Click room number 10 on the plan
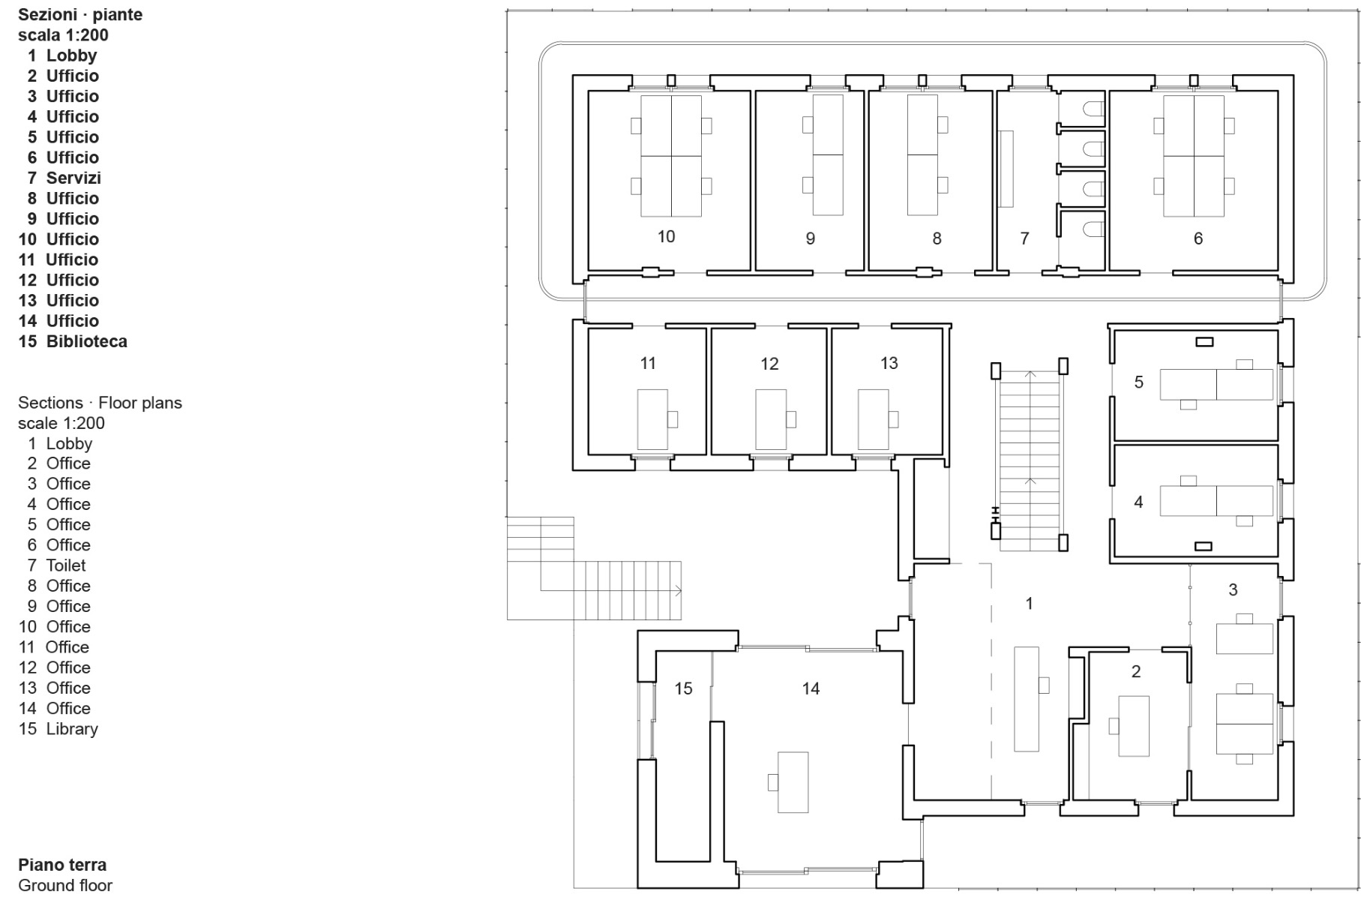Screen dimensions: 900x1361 coord(666,237)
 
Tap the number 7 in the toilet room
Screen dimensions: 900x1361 coord(1024,238)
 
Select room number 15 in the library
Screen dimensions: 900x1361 coord(683,688)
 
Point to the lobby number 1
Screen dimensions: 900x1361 coord(1029,603)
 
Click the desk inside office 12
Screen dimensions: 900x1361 coord(770,419)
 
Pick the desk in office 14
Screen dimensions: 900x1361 coord(793,782)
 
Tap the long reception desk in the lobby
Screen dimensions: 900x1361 coord(1027,698)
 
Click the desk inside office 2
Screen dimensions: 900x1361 coord(1133,725)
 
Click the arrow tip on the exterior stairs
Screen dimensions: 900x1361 coord(679,591)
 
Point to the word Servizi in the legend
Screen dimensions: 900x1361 coord(73,178)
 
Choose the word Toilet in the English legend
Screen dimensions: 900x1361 coord(66,565)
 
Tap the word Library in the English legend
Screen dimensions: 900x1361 coord(72,729)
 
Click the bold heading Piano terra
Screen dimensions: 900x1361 coord(62,865)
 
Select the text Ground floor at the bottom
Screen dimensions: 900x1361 coord(65,885)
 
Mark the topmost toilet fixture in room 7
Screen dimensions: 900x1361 coord(1093,109)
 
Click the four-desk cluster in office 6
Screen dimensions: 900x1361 coord(1193,155)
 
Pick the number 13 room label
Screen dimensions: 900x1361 coord(889,363)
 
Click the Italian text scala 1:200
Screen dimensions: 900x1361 coord(63,35)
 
